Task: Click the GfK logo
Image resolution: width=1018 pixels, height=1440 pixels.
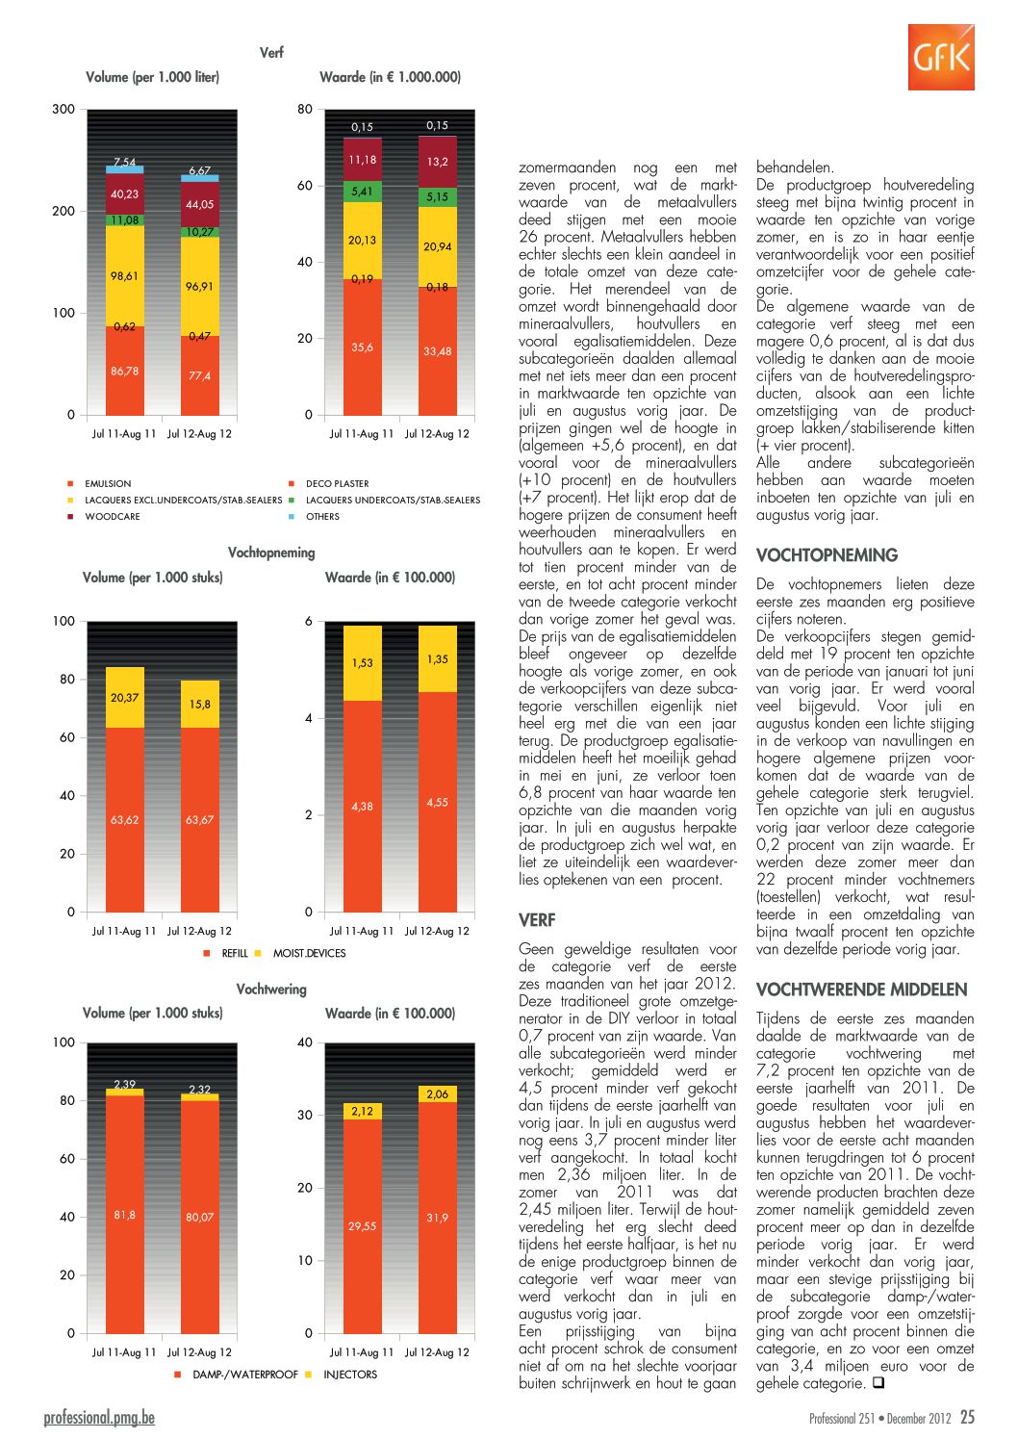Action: click(941, 57)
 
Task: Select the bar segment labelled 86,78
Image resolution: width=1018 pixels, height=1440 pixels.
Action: click(125, 371)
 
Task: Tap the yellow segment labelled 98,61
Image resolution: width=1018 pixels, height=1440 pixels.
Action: click(125, 275)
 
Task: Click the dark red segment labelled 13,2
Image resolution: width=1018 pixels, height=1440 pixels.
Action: click(438, 162)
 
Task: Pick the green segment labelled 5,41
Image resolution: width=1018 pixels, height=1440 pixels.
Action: click(363, 192)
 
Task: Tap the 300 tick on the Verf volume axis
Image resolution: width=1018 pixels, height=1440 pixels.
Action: click(64, 110)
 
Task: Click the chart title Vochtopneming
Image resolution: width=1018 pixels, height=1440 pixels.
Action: click(271, 553)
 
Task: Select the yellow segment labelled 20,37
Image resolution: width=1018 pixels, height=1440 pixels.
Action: click(125, 698)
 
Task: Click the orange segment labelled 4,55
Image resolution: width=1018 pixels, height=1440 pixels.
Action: click(438, 802)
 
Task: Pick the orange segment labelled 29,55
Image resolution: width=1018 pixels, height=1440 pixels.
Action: click(363, 1226)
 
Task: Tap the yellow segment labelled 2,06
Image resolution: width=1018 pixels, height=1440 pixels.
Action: click(438, 1094)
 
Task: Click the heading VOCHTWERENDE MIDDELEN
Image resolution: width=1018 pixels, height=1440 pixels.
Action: click(862, 990)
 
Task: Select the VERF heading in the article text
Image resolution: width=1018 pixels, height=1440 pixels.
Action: click(537, 920)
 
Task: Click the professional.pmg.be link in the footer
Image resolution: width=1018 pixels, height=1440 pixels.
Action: click(99, 1417)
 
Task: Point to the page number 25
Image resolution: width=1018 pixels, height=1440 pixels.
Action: click(967, 1417)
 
